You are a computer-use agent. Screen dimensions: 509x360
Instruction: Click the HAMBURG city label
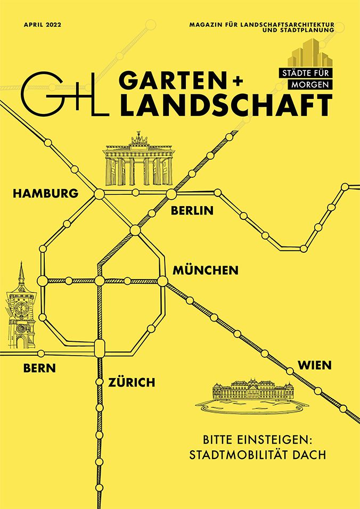point(45,193)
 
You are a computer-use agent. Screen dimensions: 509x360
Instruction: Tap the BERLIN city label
point(192,211)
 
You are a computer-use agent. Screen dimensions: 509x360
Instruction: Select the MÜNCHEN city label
point(205,270)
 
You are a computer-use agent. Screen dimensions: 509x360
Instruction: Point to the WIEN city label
point(315,365)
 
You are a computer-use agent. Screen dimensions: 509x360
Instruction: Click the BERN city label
point(39,368)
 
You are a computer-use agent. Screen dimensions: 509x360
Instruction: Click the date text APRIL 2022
point(42,24)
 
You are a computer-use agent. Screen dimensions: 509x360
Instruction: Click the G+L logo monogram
point(65,96)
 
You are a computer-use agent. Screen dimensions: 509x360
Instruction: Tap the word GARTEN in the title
point(174,80)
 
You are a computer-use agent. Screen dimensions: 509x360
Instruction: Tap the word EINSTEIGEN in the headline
point(276,441)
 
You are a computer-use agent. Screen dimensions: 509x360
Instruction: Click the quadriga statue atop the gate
point(138,139)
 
